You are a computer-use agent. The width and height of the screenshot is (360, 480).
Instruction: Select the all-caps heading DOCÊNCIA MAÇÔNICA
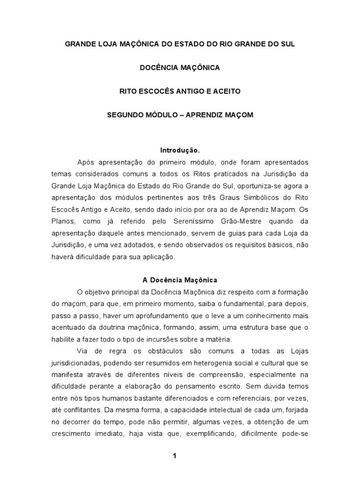(x=180, y=67)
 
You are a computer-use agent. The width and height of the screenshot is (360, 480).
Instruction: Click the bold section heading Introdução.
(x=180, y=151)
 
